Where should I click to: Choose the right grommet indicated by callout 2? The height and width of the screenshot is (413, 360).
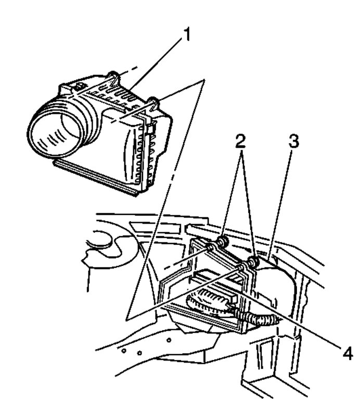pos(253,262)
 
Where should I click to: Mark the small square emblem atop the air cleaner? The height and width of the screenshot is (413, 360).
pos(79,84)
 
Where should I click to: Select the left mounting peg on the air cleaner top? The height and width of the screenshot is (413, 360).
pos(112,78)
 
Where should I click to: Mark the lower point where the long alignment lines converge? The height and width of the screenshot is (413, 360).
pos(127,317)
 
